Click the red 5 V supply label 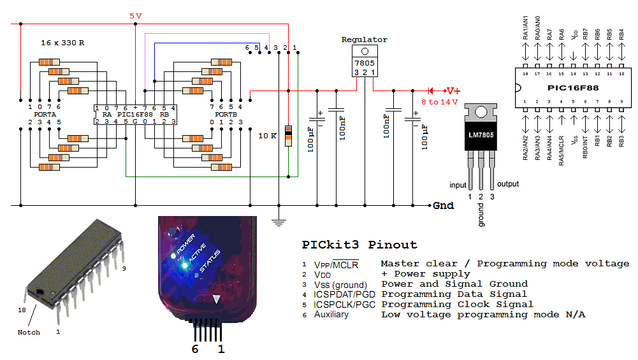pyautogui.click(x=135, y=16)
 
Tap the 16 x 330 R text pyautogui.click(x=62, y=42)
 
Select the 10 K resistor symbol pyautogui.click(x=289, y=136)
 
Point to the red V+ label pyautogui.click(x=453, y=90)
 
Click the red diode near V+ pyautogui.click(x=431, y=90)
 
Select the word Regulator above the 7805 pyautogui.click(x=364, y=40)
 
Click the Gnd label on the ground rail pyautogui.click(x=443, y=206)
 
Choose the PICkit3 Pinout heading pyautogui.click(x=359, y=245)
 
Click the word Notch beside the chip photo pyautogui.click(x=29, y=332)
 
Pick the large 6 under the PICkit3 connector pyautogui.click(x=195, y=349)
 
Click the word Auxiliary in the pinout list pyautogui.click(x=331, y=315)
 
